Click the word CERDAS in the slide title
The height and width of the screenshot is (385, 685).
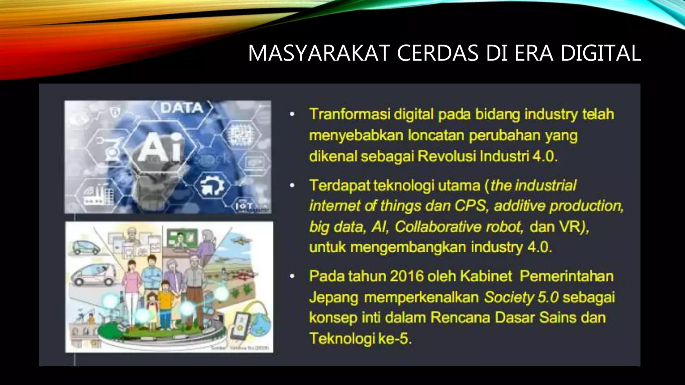(x=438, y=53)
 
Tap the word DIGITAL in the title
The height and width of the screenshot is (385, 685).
(x=601, y=53)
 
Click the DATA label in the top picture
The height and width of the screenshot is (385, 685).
(x=182, y=108)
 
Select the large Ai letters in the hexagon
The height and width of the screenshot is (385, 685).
(x=160, y=147)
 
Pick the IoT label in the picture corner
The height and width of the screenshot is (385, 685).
(x=244, y=206)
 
